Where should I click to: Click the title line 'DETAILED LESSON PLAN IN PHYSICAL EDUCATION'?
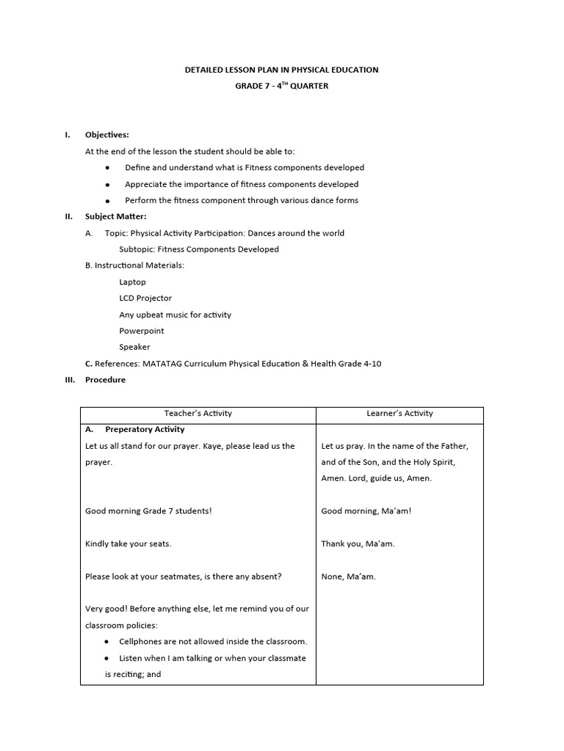(x=281, y=70)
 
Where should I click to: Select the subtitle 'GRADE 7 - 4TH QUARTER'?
(x=281, y=86)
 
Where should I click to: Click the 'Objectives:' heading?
(x=106, y=135)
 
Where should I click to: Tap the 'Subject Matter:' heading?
(x=115, y=216)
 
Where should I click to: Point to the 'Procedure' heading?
(x=105, y=380)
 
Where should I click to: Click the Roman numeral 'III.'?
(x=70, y=380)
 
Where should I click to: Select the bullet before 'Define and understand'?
(x=108, y=168)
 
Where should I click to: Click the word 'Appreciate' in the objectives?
(x=146, y=184)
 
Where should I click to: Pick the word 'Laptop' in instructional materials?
(x=132, y=282)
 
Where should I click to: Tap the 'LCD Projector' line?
(x=145, y=298)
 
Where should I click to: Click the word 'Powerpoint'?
(x=142, y=331)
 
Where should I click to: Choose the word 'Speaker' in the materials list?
(x=134, y=348)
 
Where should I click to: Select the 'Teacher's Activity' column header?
(x=198, y=414)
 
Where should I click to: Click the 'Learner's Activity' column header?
(x=399, y=414)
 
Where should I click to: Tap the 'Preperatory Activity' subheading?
(x=145, y=430)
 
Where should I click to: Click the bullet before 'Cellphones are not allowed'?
(x=108, y=642)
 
